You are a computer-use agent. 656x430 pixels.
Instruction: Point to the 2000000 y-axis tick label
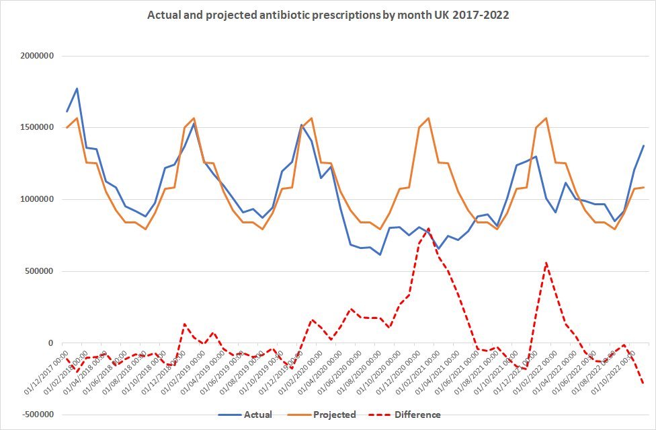click(x=35, y=56)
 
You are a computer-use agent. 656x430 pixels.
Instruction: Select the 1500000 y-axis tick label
click(x=35, y=128)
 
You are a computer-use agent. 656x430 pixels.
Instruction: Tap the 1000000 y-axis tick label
click(x=35, y=200)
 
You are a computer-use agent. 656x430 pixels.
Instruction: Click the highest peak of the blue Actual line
click(x=77, y=88)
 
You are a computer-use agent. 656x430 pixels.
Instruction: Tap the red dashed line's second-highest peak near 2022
click(x=546, y=262)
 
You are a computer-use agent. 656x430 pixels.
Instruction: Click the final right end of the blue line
click(x=644, y=145)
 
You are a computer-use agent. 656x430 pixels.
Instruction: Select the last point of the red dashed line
click(x=644, y=384)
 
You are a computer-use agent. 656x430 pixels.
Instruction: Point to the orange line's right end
click(x=644, y=187)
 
